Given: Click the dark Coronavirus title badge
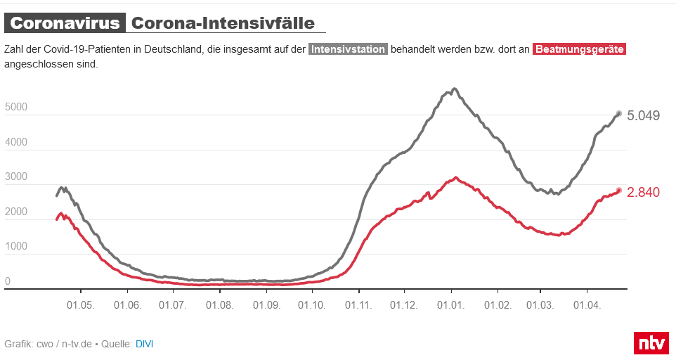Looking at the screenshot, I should tap(65, 22).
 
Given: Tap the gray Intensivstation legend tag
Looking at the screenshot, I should tap(348, 49).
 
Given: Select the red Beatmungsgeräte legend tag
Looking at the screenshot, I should tap(579, 49).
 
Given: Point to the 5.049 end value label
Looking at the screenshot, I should tap(643, 115).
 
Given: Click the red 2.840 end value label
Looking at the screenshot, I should tap(643, 192).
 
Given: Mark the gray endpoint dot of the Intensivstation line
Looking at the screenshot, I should tap(618, 113).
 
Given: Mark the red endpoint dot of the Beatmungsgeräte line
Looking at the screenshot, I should tap(619, 190).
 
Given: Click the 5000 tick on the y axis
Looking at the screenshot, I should tap(16, 108).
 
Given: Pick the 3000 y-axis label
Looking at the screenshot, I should tap(16, 177).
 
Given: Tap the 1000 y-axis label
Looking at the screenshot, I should tap(16, 247).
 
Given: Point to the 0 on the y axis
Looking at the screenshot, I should tap(8, 281).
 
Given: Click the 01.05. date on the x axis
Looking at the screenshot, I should tap(81, 305).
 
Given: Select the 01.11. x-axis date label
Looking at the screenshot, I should tap(358, 305).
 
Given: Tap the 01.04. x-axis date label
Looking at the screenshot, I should tap(587, 305).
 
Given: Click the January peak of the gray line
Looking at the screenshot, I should tap(454, 89).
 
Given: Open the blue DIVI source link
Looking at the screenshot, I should tap(144, 344).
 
